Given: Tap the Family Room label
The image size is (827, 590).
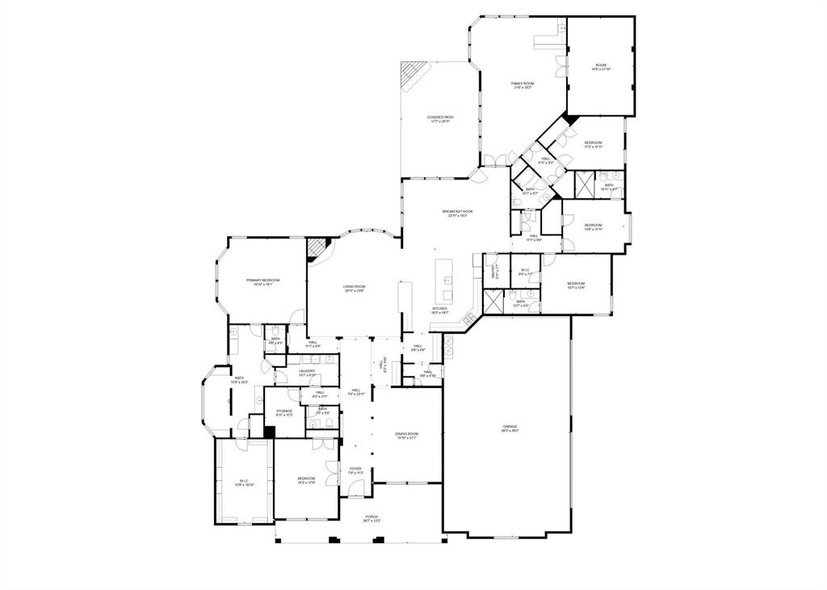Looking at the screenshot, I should (523, 85).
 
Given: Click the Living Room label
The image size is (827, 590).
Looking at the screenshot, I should (355, 288).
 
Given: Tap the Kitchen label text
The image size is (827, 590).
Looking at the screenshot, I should (439, 310).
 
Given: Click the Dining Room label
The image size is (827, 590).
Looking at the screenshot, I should (407, 436).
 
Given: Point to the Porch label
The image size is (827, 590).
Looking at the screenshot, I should (372, 518).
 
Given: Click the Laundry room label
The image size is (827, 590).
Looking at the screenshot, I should (307, 373).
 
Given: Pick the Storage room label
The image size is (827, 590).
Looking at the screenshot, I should (284, 412).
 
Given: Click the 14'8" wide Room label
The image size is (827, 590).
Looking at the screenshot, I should (601, 67).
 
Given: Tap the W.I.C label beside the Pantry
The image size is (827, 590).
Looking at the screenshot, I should (524, 272).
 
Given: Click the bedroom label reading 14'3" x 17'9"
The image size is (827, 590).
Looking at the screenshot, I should (305, 480).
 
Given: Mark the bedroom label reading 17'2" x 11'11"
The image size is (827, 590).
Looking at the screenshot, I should (594, 145).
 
